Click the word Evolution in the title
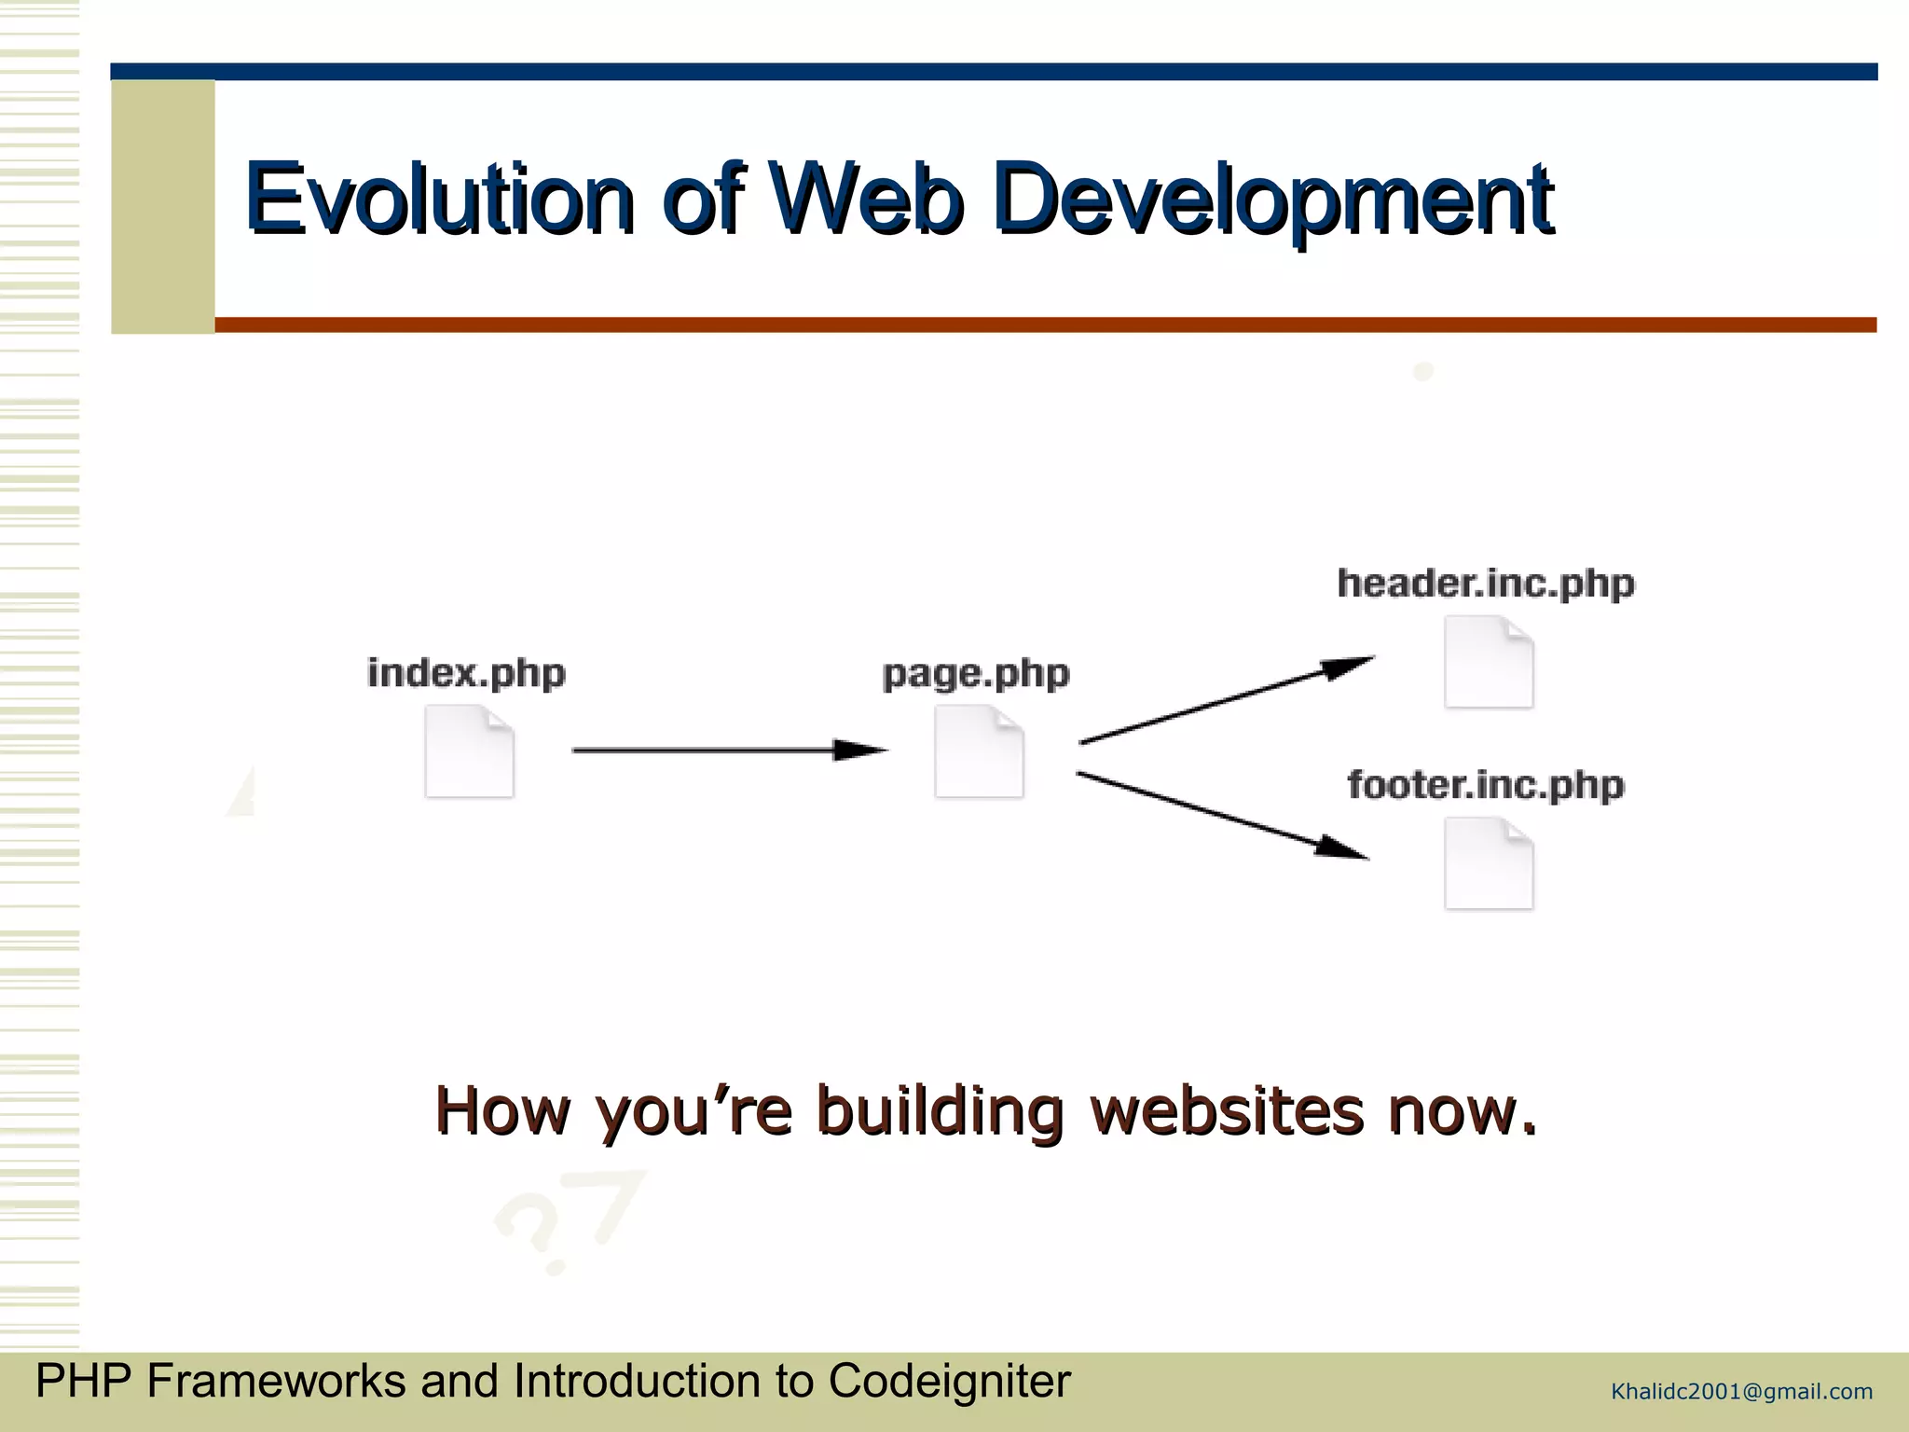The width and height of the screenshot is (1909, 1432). click(439, 199)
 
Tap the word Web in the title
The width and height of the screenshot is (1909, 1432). click(867, 199)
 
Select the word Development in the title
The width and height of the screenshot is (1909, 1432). click(1272, 199)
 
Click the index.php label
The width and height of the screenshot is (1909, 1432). click(466, 673)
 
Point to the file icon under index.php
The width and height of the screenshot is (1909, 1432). click(469, 751)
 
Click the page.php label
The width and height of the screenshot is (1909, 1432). click(976, 673)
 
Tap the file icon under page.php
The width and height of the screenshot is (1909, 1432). click(979, 751)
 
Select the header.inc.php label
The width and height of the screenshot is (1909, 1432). click(1486, 584)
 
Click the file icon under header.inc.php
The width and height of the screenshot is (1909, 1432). click(1489, 662)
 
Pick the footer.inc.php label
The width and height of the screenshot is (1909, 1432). click(1486, 785)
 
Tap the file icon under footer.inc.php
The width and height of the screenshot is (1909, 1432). click(1489, 863)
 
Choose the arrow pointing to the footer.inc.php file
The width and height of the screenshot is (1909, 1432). click(1222, 816)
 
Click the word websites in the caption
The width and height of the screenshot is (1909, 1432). click(1227, 1110)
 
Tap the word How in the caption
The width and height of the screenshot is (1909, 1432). click(502, 1110)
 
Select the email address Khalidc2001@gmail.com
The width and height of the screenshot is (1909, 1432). click(1741, 1392)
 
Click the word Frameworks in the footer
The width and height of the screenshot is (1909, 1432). click(276, 1381)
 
